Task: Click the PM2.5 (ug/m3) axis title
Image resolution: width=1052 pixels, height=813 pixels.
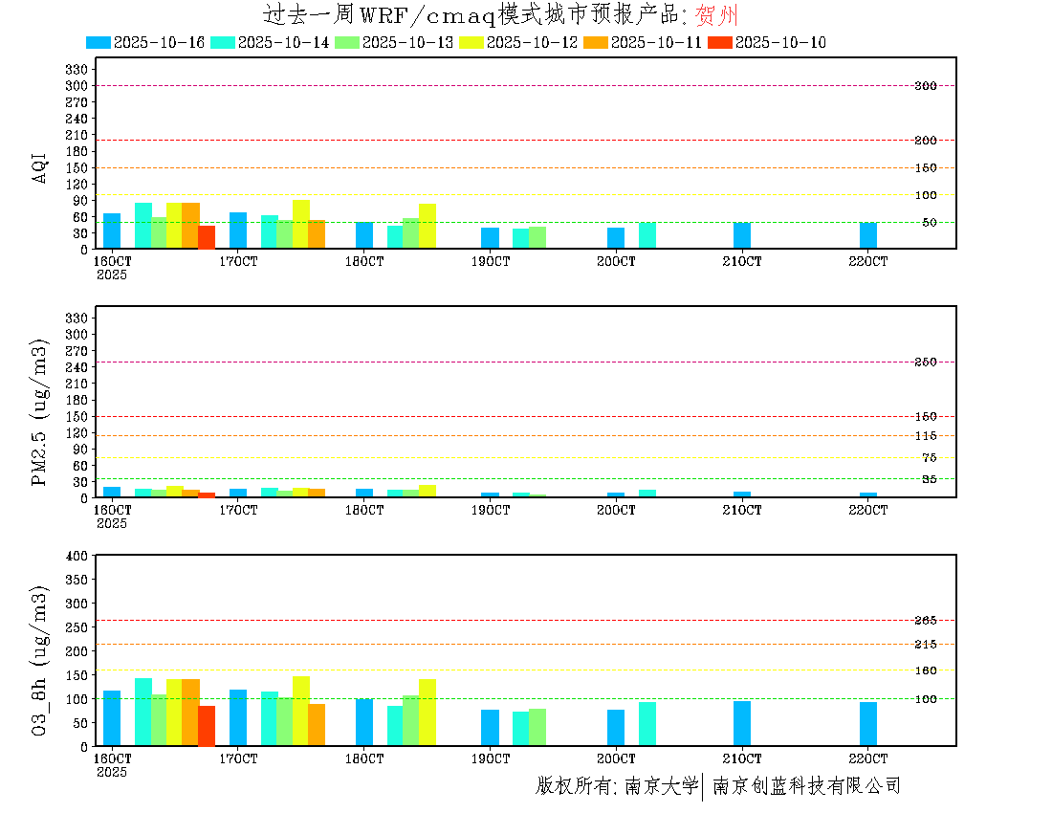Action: [40, 412]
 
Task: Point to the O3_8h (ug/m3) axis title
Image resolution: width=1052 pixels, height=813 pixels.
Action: [40, 659]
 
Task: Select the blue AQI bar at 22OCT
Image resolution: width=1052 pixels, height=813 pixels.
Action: [868, 235]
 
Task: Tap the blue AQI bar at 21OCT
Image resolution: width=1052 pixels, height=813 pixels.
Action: [742, 235]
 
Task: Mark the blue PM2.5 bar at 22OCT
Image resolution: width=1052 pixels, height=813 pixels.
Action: [868, 495]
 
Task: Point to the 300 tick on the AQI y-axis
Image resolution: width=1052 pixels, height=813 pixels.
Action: [77, 85]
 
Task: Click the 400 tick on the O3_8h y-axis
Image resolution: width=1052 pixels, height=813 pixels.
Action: [77, 556]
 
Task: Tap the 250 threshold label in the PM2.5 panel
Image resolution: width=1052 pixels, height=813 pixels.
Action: [925, 362]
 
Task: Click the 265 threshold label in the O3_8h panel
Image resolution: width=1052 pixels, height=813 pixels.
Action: [925, 620]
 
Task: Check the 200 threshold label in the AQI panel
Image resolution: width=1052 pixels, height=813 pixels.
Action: [925, 141]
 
